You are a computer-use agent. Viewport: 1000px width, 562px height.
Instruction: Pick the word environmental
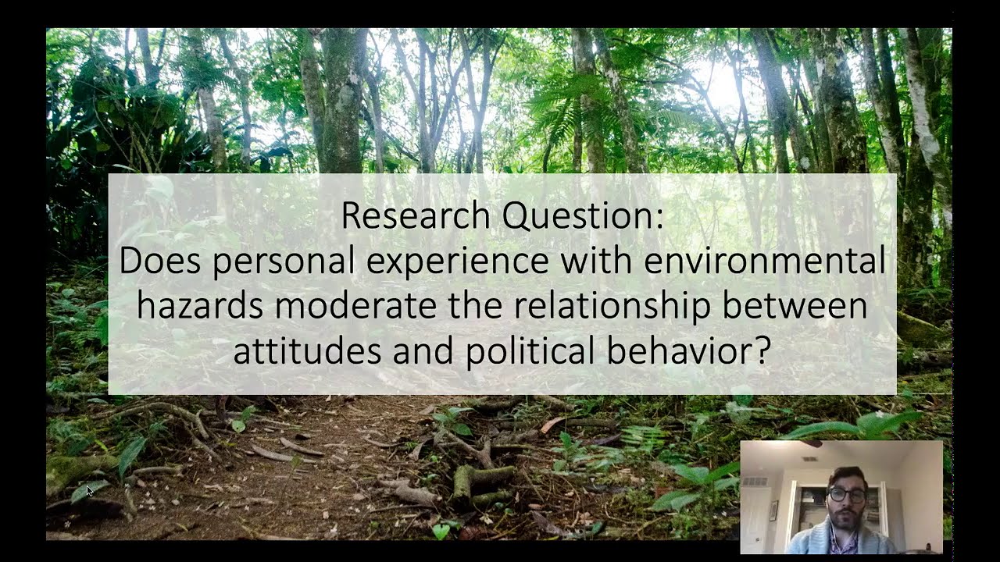click(x=765, y=261)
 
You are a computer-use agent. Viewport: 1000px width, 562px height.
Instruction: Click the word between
click(x=795, y=305)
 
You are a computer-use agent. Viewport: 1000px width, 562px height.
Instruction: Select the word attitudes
click(x=308, y=350)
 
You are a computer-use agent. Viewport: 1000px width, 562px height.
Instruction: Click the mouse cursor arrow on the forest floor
click(x=90, y=490)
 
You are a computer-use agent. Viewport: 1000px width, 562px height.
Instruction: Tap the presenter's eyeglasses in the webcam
click(x=846, y=496)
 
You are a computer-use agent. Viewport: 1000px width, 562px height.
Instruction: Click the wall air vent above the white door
click(x=754, y=482)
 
